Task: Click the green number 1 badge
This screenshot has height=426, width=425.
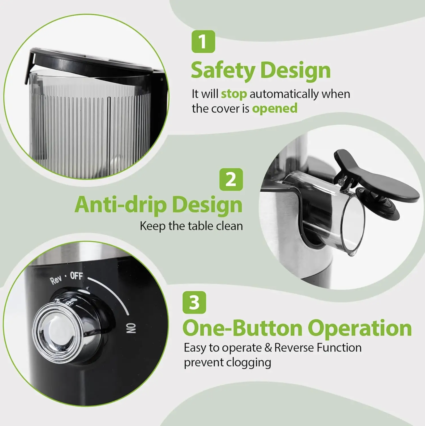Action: click(x=203, y=42)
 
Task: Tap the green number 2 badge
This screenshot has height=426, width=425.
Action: click(x=231, y=179)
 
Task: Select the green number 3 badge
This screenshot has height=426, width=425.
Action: click(x=194, y=302)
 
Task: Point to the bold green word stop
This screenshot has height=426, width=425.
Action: click(x=234, y=94)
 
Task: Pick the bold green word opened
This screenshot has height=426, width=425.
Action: click(x=275, y=109)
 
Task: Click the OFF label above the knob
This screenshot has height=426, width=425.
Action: click(x=76, y=276)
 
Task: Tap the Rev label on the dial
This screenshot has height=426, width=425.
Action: click(x=56, y=280)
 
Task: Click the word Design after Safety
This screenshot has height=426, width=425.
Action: click(x=296, y=71)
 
